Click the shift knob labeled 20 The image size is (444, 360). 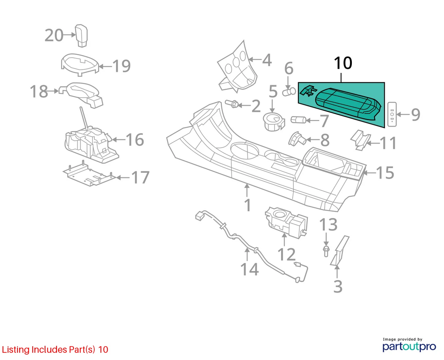coord(81,36)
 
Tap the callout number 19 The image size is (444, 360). coord(121,66)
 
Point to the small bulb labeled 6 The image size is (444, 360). coord(289,92)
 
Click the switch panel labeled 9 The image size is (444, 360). coord(392,114)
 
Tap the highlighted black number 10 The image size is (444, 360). coord(343,63)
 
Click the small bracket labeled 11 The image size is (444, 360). coord(360,140)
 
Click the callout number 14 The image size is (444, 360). coord(249,269)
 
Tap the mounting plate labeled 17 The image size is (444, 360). coord(90,174)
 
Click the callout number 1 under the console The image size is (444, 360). coord(248,205)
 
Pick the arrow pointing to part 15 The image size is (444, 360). coord(369,172)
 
